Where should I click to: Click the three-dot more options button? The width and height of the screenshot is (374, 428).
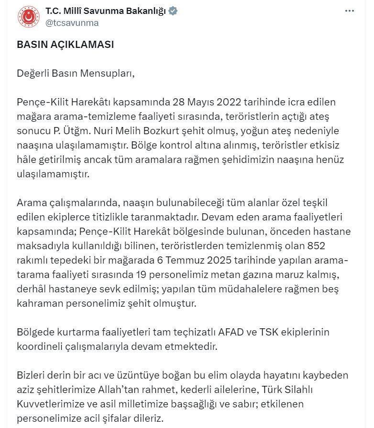350,11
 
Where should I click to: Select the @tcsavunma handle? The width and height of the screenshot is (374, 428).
72,23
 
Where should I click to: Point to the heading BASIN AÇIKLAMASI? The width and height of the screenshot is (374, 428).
65,44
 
